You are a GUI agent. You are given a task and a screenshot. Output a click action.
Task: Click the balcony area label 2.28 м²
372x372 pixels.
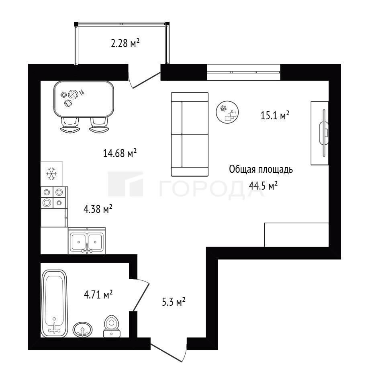[x=125, y=43]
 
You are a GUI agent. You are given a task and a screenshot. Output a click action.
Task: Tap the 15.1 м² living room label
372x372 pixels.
[x=275, y=115]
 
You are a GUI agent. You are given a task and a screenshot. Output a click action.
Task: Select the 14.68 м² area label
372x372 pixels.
[x=120, y=153]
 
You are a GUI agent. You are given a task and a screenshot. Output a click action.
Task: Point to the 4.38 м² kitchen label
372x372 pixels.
[x=98, y=209]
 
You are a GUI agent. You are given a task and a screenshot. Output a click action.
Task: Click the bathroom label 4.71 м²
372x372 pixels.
[x=98, y=294]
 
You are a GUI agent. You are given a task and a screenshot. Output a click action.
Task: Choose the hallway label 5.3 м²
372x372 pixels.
[x=174, y=302]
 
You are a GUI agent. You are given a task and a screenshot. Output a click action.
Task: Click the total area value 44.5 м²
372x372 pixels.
[x=263, y=186]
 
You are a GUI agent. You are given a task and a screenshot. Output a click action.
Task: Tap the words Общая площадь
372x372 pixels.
[x=261, y=170]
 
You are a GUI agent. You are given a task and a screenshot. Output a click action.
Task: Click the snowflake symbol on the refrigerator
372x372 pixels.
[x=51, y=174]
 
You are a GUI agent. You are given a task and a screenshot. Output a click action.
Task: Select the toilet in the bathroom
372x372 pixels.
[x=112, y=326]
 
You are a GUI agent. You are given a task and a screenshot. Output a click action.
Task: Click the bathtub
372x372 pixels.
[x=54, y=303]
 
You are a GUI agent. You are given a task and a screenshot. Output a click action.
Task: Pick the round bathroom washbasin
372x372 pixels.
[x=83, y=329]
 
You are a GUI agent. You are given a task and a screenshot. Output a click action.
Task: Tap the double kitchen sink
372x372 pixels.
[x=87, y=241]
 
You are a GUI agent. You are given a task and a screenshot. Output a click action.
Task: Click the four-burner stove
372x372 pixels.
[x=54, y=197]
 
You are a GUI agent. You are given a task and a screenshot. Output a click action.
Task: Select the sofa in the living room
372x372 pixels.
[x=190, y=134]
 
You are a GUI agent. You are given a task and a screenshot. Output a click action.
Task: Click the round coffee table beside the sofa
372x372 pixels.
[x=227, y=112]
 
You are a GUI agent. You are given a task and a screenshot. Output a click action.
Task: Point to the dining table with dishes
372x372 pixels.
[x=84, y=99]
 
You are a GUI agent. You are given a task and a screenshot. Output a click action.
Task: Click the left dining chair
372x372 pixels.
[x=70, y=125]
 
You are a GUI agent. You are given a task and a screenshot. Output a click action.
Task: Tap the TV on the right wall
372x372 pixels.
[x=324, y=133]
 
